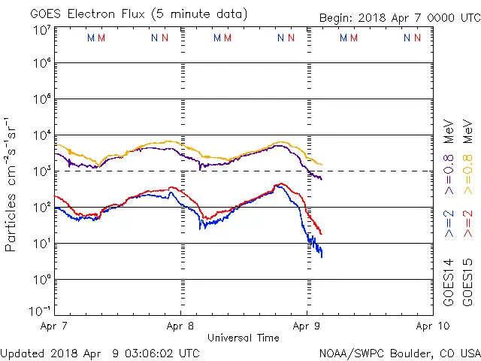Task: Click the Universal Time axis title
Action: (244, 338)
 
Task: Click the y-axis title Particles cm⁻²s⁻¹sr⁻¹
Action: (12, 184)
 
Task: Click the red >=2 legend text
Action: (467, 224)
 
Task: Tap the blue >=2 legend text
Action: (448, 224)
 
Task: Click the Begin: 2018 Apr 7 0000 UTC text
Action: (398, 17)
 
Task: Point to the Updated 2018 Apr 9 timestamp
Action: (101, 353)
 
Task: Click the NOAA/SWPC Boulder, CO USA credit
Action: (399, 353)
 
